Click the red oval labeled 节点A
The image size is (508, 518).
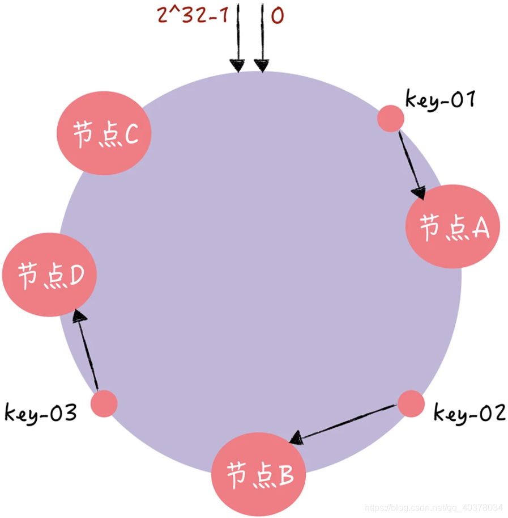pos(453,226)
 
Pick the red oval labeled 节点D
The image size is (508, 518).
pos(50,276)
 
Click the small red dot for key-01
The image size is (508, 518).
pos(390,119)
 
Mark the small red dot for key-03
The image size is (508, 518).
pos(104,403)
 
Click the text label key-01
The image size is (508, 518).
pos(439,100)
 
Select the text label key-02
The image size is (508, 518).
pos(469,413)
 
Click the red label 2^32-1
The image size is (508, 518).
pos(193,15)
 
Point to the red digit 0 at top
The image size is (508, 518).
pos(277,16)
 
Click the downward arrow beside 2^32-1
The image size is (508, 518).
pos(238,37)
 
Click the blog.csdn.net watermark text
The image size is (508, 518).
pos(433,506)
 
